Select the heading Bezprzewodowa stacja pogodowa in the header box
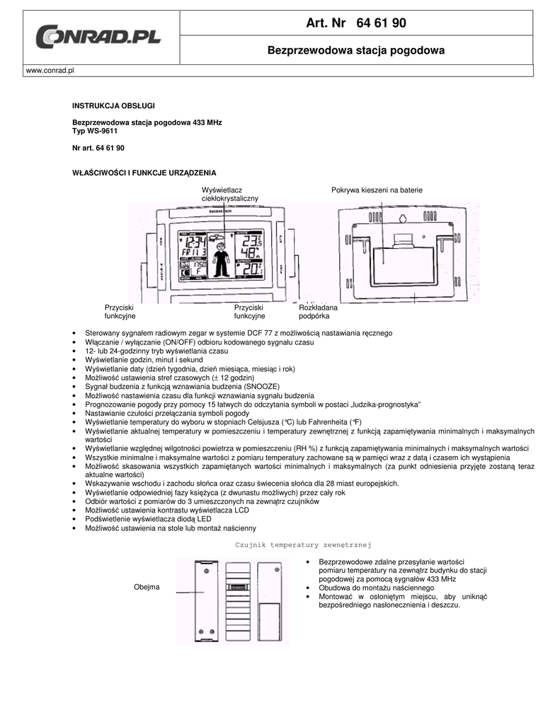pyautogui.click(x=355, y=51)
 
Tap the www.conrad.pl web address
pyautogui.click(x=50, y=71)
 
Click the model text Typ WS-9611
pyautogui.click(x=95, y=131)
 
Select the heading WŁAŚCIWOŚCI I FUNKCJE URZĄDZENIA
pyautogui.click(x=144, y=173)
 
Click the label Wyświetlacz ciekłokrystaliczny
pyautogui.click(x=229, y=194)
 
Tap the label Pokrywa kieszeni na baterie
pyautogui.click(x=377, y=190)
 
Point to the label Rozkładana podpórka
pyautogui.click(x=318, y=312)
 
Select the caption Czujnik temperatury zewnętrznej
pyautogui.click(x=303, y=544)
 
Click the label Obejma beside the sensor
pyautogui.click(x=147, y=588)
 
